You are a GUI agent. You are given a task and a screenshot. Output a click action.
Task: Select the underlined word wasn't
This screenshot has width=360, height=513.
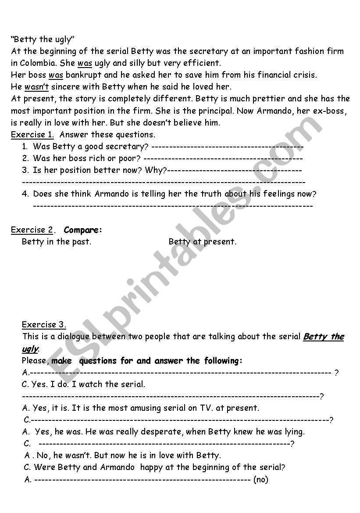coord(36,86)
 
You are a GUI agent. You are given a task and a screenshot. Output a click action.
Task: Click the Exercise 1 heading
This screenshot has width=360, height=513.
coord(32,134)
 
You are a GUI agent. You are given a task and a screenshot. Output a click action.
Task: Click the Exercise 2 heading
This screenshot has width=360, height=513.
coord(32,230)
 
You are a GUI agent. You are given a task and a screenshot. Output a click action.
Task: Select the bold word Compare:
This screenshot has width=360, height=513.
coord(83,230)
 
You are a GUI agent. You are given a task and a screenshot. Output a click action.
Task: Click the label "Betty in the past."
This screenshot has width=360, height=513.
coord(57,242)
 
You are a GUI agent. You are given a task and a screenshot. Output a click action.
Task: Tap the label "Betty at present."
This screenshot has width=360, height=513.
coord(202,242)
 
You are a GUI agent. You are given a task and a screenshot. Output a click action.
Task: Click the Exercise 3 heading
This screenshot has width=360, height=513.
coord(44,325)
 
